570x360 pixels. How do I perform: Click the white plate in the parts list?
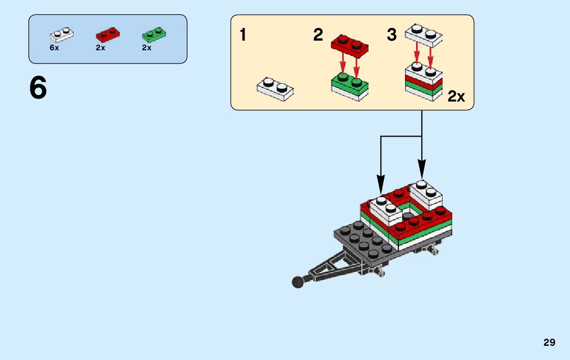coord(61,35)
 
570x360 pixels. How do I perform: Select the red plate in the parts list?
coord(107,35)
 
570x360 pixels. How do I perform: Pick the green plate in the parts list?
coord(154,35)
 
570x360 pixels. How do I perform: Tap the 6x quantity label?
coord(54,48)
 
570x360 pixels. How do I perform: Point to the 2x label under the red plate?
coord(100,48)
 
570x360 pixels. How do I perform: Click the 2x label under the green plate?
coord(147,48)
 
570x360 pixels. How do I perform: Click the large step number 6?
coord(38,88)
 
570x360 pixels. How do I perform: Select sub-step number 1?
coord(243,35)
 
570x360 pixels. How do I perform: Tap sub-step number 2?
coord(318,35)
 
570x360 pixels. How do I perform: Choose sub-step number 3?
coord(391,35)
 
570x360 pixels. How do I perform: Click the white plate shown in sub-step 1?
coord(275,87)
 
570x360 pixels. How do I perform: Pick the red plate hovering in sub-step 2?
coord(350,45)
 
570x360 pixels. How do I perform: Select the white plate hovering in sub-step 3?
coord(423,35)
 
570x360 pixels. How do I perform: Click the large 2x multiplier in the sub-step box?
coord(456,96)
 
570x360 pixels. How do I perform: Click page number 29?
coord(549,343)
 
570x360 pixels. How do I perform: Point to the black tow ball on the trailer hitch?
coord(297,281)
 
